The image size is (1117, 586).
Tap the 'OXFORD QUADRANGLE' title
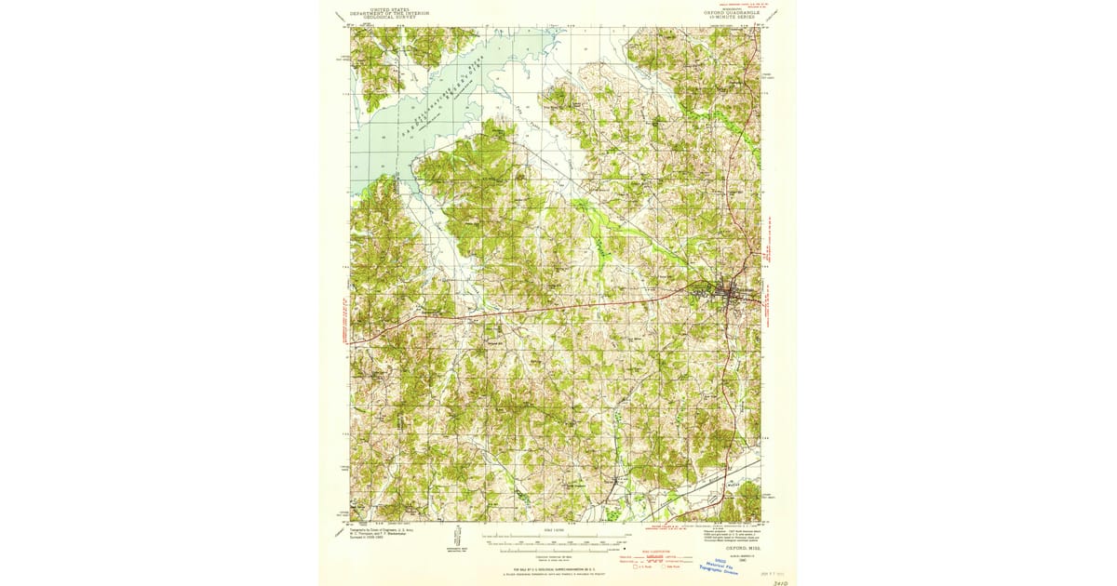pos(732,13)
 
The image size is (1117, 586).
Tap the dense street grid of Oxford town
pos(726,296)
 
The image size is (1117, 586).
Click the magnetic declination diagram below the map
pos(458,539)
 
